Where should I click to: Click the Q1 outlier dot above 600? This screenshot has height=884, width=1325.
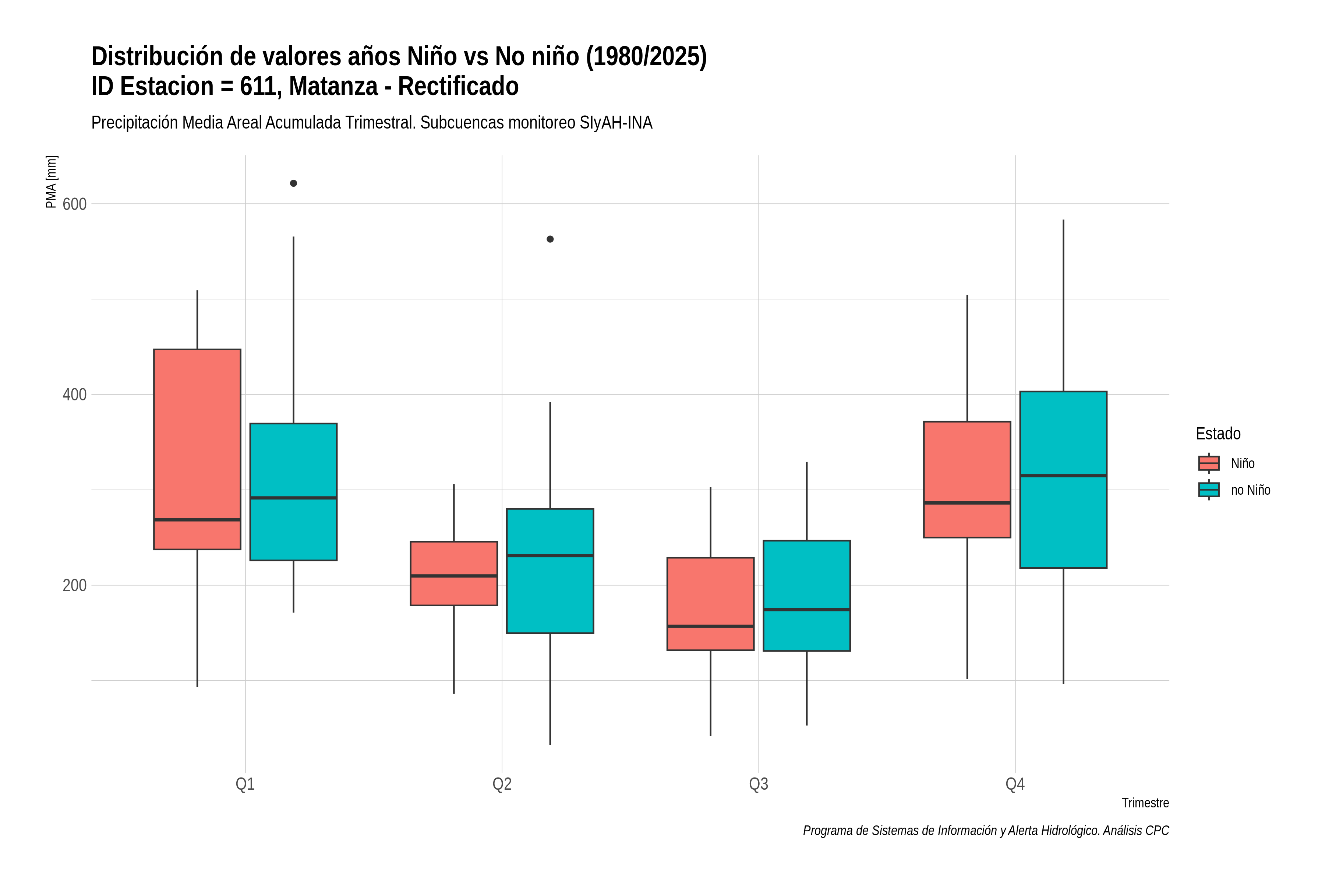pos(293,183)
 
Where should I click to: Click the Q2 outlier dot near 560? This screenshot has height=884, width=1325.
pos(550,239)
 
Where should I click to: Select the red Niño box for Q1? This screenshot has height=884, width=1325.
pos(197,449)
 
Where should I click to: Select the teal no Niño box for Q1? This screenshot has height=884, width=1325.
pos(293,492)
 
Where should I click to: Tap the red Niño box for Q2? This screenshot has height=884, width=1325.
pos(454,573)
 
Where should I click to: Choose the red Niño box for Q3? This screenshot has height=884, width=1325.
pos(710,604)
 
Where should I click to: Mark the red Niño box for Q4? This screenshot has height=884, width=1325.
pos(967,479)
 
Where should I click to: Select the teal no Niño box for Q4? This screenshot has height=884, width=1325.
pos(1064,479)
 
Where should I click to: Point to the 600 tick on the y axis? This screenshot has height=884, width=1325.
pos(74,204)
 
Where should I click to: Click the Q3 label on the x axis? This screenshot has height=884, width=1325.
pos(759,784)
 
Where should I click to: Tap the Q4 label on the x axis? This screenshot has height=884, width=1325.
pos(1015,784)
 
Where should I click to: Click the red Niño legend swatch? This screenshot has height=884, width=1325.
pos(1209,463)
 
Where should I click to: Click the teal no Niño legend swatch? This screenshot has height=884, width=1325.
pos(1209,490)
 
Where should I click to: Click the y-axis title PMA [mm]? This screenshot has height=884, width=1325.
pos(51,182)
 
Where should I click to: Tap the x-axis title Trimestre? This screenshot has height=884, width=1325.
pos(1145,803)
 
